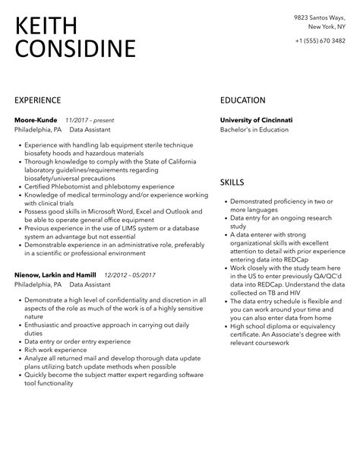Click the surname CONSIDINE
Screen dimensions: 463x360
75,50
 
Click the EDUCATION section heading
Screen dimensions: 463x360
242,100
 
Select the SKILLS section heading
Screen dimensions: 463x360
232,182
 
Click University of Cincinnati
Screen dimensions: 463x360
256,120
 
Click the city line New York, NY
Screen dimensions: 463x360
325,25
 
